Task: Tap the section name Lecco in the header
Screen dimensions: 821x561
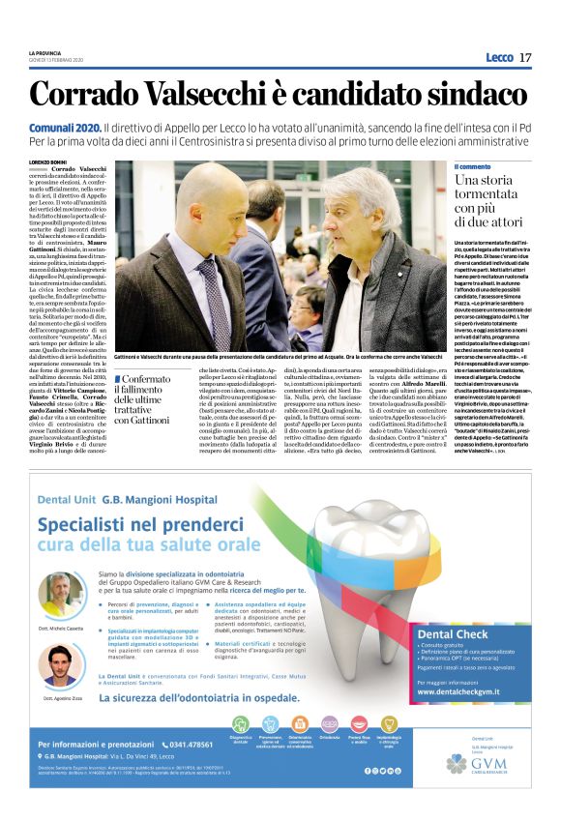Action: click(x=499, y=57)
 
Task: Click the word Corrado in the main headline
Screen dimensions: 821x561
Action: click(x=89, y=96)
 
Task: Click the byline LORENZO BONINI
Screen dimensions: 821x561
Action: click(x=50, y=161)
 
